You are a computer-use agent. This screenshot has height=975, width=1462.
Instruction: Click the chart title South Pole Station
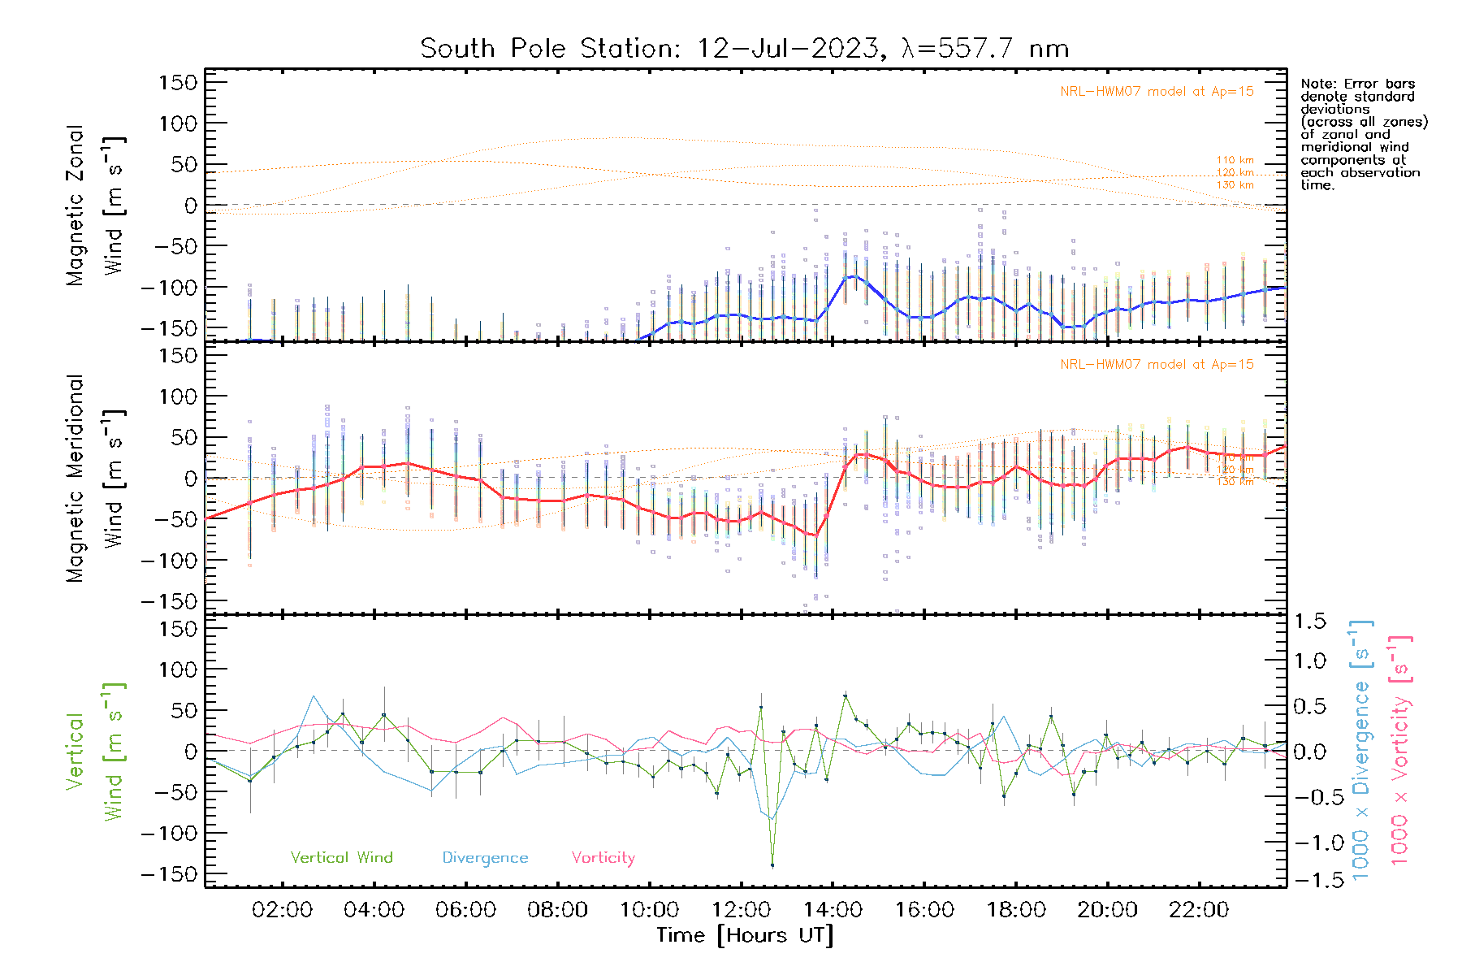pos(744,49)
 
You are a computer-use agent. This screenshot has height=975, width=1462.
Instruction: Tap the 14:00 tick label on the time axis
pos(833,909)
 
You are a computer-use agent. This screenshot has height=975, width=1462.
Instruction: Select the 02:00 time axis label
pos(282,909)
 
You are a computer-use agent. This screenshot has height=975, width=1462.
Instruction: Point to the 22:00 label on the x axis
pos(1199,909)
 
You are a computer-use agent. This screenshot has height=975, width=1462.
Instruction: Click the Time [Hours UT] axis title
pos(745,935)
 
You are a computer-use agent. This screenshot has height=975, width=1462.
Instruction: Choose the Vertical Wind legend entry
pos(341,857)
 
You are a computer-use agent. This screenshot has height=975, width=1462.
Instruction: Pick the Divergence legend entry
pos(485,857)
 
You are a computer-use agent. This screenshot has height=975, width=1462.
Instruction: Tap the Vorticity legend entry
pos(603,857)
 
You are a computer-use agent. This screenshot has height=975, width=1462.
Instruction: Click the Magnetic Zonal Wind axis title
pos(96,206)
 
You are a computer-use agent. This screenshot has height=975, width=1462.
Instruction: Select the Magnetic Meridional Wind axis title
pos(96,479)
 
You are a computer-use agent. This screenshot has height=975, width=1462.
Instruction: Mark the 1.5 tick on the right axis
pos(1310,622)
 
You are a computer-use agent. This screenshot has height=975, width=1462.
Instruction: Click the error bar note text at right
pos(1364,134)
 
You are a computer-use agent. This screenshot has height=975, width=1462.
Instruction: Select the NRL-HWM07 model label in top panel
pos(1157,92)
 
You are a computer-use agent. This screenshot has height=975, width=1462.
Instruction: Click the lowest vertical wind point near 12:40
pos(772,865)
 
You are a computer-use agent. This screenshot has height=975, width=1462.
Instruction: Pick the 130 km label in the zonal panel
pos(1235,185)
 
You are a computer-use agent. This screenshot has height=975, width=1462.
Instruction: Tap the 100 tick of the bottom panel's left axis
pos(179,669)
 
